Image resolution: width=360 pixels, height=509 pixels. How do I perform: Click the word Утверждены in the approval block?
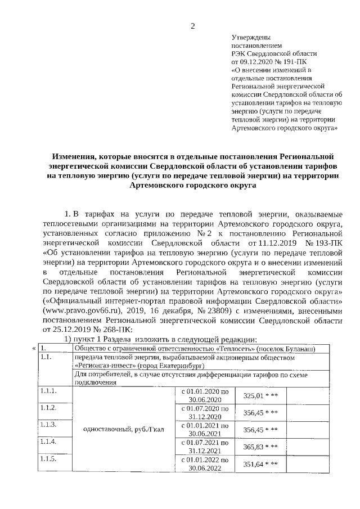248,37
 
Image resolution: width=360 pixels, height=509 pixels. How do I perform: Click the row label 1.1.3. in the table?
48,425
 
